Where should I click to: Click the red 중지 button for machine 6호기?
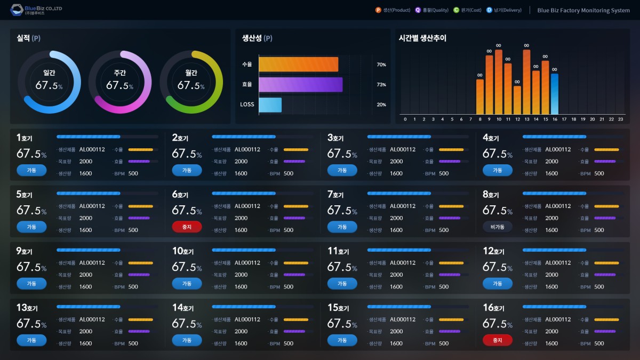coord(187,227)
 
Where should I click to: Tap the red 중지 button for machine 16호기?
coord(497,340)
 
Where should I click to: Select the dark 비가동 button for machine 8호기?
coord(497,227)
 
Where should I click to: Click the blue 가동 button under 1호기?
coord(31,170)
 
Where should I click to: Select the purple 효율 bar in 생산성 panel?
coord(300,85)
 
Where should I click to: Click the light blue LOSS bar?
coord(270,105)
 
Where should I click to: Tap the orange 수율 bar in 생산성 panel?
coord(298,65)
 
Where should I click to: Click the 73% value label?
coord(381,85)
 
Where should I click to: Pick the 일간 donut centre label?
coord(49,73)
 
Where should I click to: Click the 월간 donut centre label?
coord(191,73)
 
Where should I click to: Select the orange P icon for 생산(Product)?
coord(378,10)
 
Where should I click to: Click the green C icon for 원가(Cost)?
coord(456,10)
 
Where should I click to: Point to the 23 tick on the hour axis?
coord(620,119)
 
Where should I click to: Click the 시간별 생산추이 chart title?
coord(422,38)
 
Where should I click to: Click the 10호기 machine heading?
coord(182,251)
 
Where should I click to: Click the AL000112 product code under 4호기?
coord(558,149)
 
